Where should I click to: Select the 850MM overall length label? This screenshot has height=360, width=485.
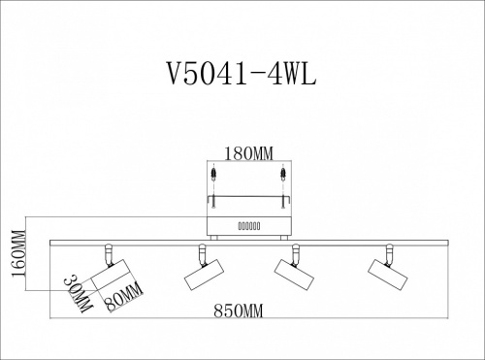click(x=239, y=311)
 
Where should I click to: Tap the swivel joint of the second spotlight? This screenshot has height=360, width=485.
click(x=201, y=254)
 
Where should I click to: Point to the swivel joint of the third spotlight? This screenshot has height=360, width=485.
click(x=291, y=255)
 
